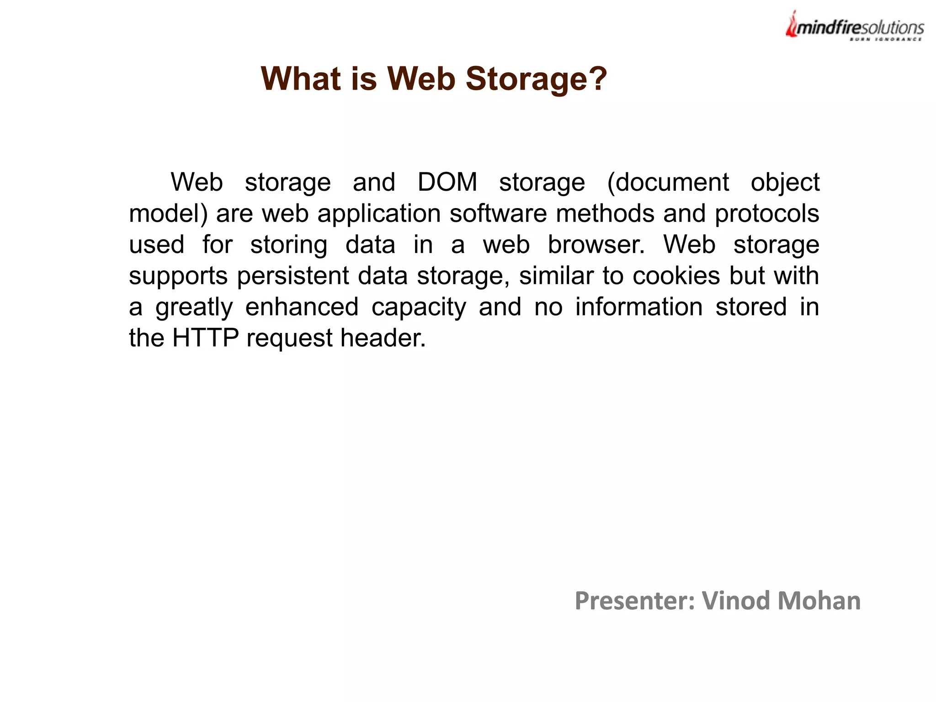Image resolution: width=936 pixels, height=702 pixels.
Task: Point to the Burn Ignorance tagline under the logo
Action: pyautogui.click(x=885, y=40)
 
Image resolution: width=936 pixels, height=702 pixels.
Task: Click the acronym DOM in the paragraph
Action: pyautogui.click(x=447, y=182)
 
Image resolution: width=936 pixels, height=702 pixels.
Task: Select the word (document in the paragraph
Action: pyautogui.click(x=668, y=182)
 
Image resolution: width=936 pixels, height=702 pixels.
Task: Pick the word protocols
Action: pyautogui.click(x=767, y=214)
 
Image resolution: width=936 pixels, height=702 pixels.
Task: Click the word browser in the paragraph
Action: pyautogui.click(x=596, y=244)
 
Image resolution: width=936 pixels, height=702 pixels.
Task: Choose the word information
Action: pyautogui.click(x=638, y=307)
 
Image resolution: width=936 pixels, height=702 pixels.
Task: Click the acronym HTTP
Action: pyautogui.click(x=205, y=338)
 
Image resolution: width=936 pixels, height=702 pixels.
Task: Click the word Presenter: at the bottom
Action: pyautogui.click(x=634, y=600)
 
